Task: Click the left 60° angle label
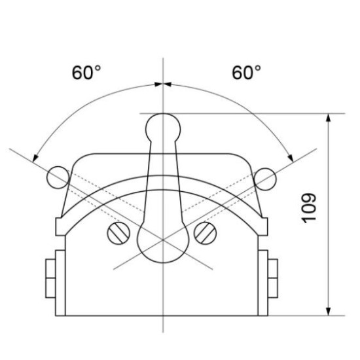86,73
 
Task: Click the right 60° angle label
246,73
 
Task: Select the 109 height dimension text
309,208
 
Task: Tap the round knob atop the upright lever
163,128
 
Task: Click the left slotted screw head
118,233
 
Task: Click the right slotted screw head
206,233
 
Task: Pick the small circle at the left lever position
58,177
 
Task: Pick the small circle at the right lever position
265,179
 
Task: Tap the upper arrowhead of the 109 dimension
329,118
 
